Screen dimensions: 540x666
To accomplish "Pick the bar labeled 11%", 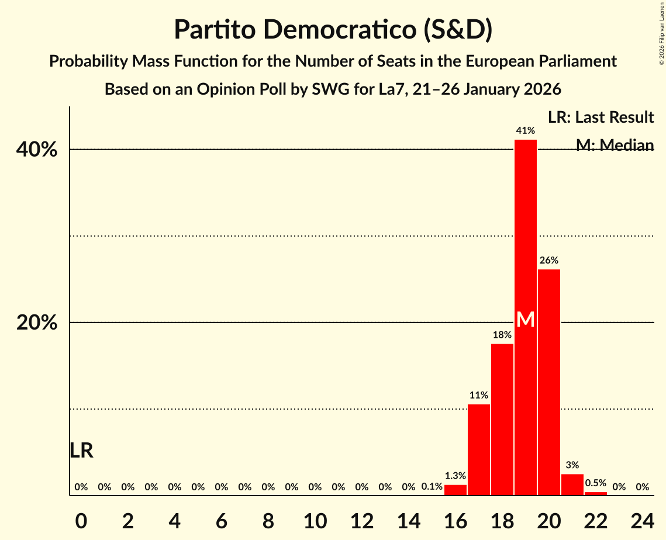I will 478,449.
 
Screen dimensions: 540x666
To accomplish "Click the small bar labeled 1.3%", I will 455,490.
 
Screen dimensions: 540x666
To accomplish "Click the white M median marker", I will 525,319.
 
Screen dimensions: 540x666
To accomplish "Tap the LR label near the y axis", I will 81,451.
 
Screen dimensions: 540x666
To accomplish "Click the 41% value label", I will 525,131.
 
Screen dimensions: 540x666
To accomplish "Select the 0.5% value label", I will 595,483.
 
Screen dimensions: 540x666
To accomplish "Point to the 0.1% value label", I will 432,487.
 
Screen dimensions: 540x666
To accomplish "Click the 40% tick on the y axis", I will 36,150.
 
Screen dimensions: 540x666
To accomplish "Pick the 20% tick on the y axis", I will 36,323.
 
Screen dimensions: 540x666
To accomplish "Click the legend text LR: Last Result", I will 601,117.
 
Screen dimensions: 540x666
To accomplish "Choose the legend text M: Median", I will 614,145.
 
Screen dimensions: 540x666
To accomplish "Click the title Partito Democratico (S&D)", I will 333,30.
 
